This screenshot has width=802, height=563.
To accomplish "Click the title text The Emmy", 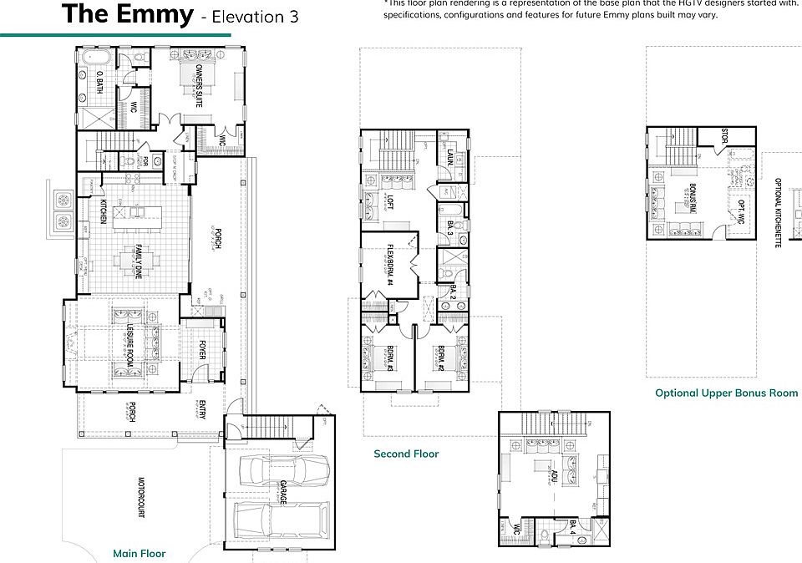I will pyautogui.click(x=127, y=14).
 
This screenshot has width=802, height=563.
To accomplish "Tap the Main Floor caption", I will pyautogui.click(x=140, y=553).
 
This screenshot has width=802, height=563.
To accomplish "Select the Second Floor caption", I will pyautogui.click(x=406, y=454).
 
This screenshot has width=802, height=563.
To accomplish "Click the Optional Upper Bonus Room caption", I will pyautogui.click(x=726, y=393).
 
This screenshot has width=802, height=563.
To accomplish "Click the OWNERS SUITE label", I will pyautogui.click(x=200, y=87).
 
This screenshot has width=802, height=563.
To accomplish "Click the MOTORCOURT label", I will pyautogui.click(x=140, y=498).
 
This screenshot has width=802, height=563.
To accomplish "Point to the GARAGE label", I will pyautogui.click(x=283, y=494).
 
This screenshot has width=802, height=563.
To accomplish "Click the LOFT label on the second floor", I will pyautogui.click(x=389, y=201).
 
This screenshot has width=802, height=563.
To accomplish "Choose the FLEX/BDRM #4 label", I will pyautogui.click(x=389, y=266).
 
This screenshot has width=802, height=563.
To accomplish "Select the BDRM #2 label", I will pyautogui.click(x=439, y=357).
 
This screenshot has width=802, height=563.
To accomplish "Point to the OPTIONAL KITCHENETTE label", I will pyautogui.click(x=778, y=212).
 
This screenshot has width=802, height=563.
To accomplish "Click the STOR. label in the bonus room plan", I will pyautogui.click(x=724, y=137).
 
